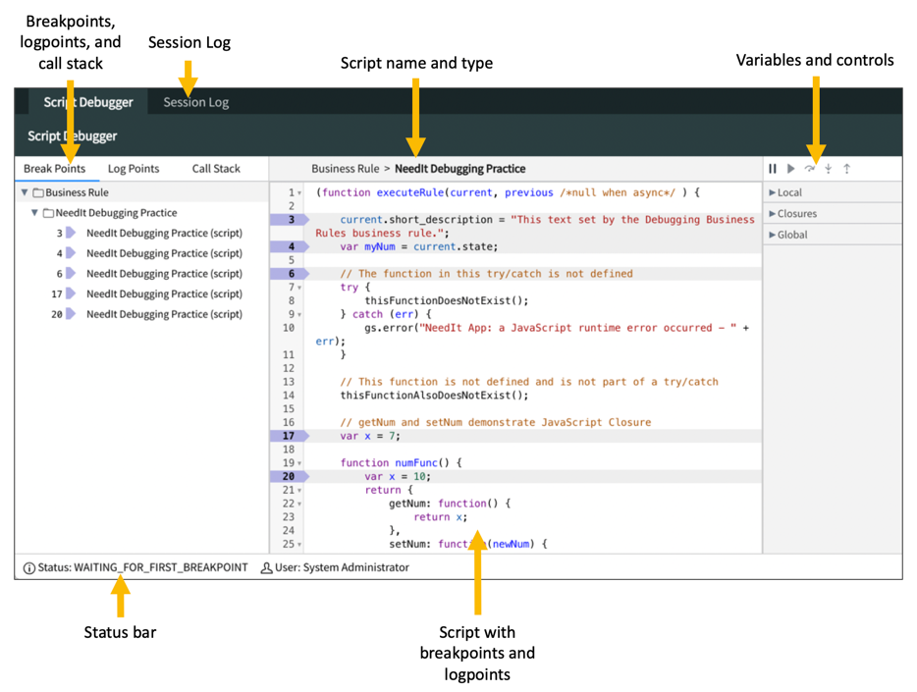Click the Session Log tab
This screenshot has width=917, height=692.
pos(195,102)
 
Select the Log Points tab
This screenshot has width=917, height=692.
pos(134,169)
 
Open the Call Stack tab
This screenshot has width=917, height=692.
pos(216,169)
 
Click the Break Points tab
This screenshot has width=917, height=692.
pos(55,169)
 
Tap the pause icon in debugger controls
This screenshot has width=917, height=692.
pos(773,169)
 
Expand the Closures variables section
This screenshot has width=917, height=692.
pos(796,214)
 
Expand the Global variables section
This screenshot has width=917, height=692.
pos(791,235)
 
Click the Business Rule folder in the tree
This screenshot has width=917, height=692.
pos(77,192)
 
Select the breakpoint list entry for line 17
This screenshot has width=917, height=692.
pos(163,293)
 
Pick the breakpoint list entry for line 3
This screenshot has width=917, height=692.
pos(163,233)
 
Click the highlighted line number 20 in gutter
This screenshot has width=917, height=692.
pos(289,476)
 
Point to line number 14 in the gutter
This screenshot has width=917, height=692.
pos(289,396)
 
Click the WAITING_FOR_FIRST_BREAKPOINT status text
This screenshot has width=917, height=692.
pos(160,567)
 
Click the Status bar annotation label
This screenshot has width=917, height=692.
pos(120,632)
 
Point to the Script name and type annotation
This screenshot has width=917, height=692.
pos(416,63)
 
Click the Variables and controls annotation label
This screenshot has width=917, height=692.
pos(815,60)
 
